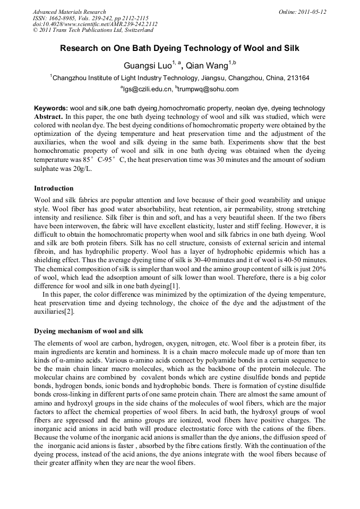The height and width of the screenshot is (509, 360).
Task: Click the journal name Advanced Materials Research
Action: [69, 12]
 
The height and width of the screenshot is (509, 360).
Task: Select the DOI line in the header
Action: [95, 24]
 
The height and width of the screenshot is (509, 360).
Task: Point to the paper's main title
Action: [179, 48]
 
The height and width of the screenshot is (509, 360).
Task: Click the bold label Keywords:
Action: [51, 108]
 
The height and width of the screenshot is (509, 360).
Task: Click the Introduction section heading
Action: [54, 188]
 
